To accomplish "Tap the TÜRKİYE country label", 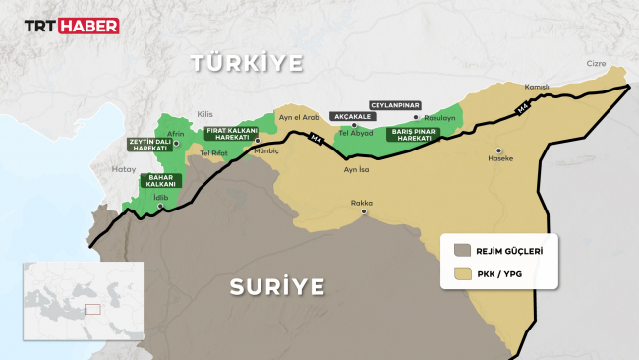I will (246, 64).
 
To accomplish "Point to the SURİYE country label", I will (276, 286).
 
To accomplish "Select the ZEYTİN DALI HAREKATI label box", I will (148, 146).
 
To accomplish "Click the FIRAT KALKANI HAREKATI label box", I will (231, 134).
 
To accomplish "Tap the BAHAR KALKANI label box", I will (160, 180).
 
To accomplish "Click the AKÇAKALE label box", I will (353, 115).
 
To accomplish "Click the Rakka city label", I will (362, 203).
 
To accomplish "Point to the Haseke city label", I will (502, 158).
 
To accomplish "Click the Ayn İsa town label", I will (357, 169).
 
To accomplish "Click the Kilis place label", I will (205, 114).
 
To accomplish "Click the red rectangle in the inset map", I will (92, 309).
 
